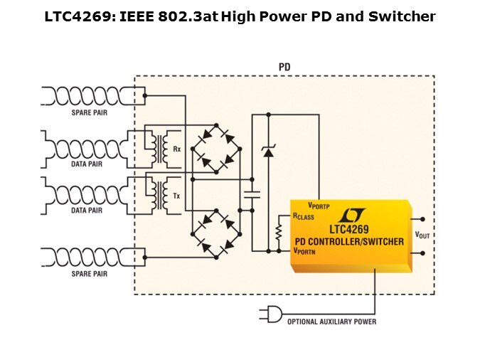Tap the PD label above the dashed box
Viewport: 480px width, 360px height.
(284, 67)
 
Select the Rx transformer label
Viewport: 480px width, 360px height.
(176, 149)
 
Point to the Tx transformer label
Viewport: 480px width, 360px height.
(176, 196)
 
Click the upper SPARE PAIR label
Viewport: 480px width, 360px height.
(89, 113)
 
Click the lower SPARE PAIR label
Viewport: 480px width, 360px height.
(89, 273)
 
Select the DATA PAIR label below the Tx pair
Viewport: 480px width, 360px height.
(89, 211)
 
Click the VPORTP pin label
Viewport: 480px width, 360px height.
(319, 206)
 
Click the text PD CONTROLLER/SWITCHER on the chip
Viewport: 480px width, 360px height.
(349, 241)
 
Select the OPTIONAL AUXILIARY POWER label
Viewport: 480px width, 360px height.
(331, 322)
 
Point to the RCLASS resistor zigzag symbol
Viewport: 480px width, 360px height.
(279, 232)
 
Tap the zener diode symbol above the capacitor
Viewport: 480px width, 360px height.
(268, 150)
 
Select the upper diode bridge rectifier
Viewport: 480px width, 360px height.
(216, 147)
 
